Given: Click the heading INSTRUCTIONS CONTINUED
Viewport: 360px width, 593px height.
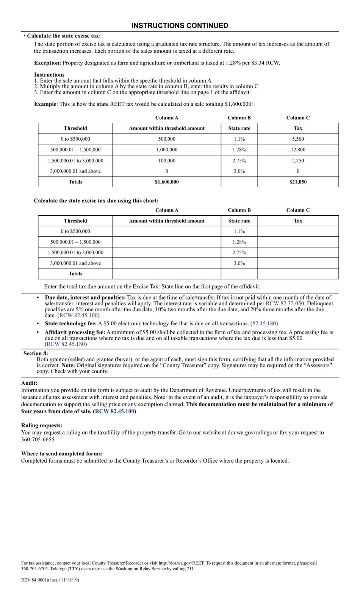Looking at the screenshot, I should point(180,26).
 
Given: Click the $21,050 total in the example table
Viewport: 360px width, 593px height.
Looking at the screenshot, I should point(298,182).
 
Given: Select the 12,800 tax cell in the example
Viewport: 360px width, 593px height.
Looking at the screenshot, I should point(298,150).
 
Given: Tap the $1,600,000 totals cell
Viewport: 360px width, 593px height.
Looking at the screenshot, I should point(167,182).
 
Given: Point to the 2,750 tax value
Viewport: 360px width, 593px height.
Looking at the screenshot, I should point(298,161).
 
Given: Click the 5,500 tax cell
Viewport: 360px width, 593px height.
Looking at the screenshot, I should point(298,139).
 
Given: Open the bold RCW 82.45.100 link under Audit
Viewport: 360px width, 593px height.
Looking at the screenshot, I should point(114,411).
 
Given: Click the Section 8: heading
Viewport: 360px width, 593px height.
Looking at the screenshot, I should point(36,353).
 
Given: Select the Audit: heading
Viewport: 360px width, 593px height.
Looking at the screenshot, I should point(29,383).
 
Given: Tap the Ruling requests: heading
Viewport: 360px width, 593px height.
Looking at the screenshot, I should point(42,425).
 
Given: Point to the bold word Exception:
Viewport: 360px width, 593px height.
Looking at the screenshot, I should point(47,63).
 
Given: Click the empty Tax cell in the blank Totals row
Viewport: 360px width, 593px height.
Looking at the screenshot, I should point(298,274).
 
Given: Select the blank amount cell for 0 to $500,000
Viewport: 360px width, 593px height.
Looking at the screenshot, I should point(167,231).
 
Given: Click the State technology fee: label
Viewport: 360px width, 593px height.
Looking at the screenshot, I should point(70,324).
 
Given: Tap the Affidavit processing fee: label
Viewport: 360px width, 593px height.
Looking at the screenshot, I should point(75,333).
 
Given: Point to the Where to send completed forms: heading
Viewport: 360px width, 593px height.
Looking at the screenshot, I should point(62,454).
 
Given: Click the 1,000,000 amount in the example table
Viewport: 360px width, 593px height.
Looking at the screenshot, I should point(167,150).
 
